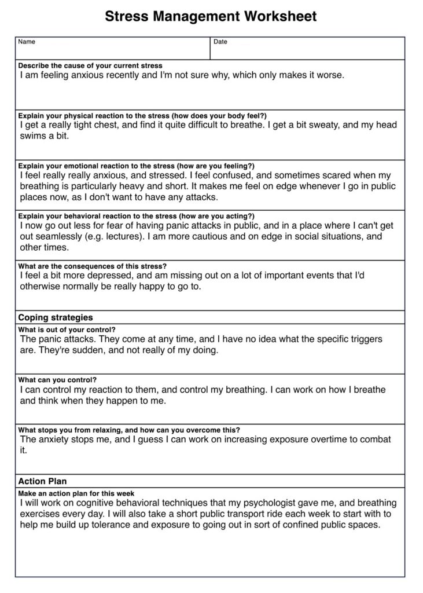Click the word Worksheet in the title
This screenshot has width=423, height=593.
coord(280,16)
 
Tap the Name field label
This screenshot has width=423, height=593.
coord(27,42)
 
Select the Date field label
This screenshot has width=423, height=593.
coord(220,42)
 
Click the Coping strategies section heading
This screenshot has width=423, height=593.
coord(56,317)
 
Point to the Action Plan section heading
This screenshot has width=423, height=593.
coord(42,481)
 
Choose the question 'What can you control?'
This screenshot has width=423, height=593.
coord(57,380)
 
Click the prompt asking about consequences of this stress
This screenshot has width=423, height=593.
coord(93,266)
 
